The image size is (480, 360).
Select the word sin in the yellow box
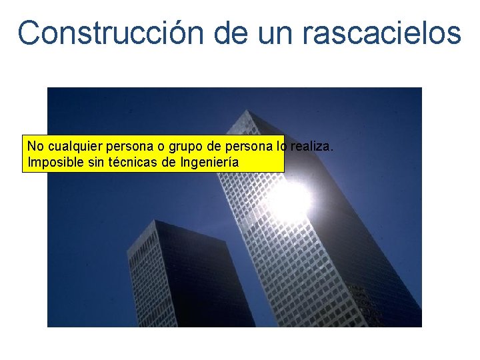97,162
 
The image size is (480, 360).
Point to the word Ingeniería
210,162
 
